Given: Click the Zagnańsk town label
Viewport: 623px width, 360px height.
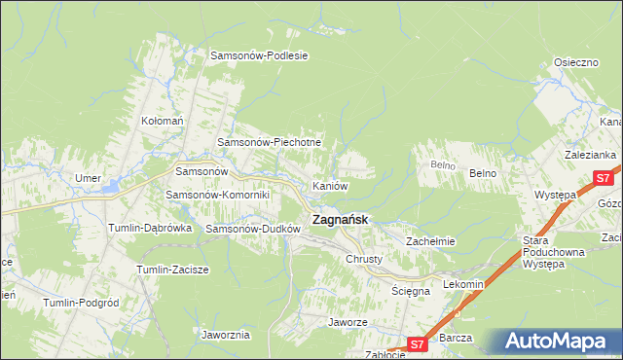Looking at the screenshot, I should coord(340,220).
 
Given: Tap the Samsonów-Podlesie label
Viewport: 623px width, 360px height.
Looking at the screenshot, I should coord(260,55).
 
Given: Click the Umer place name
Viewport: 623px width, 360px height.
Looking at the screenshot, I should coord(89,178).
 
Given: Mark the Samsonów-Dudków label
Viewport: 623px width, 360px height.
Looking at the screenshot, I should coord(252,229).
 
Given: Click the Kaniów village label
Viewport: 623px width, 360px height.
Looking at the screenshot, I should coord(329,185).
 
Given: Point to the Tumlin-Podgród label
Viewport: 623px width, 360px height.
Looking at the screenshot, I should coord(80,303).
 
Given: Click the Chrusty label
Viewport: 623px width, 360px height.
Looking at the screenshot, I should coord(364,260).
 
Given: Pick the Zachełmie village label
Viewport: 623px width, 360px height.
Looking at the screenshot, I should coord(431,240).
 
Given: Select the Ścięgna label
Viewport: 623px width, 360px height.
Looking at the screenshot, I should coord(411,291).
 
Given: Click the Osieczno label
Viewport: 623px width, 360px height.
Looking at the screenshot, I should coord(575,61).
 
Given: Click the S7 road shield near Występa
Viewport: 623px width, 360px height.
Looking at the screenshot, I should coord(604,178).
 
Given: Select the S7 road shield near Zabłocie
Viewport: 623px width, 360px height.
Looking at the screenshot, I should coord(417,343).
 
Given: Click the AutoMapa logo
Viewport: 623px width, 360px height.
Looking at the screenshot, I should coord(557,342).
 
